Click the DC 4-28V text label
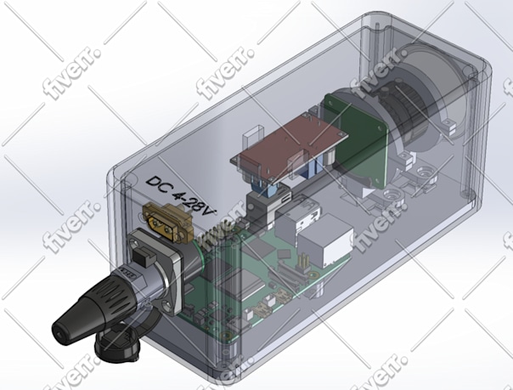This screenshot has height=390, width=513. coord(181,195)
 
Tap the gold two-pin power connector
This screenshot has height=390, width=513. coord(168,222)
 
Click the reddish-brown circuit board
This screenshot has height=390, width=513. coord(288,146)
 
